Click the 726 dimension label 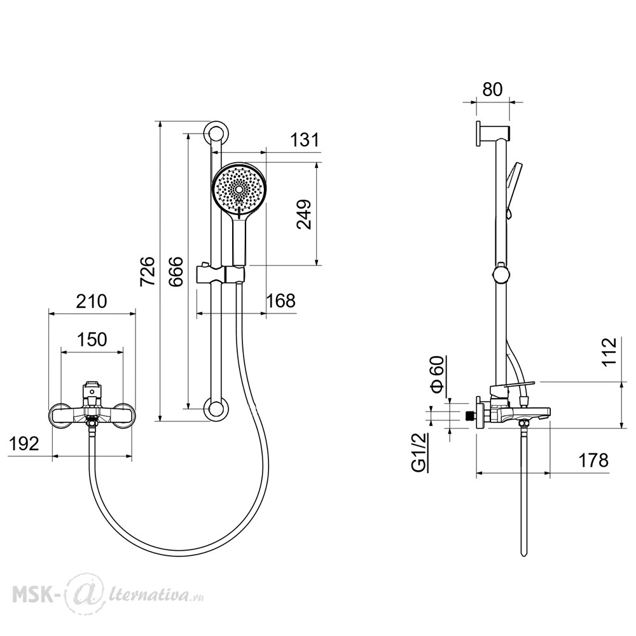click(x=148, y=272)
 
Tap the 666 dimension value click(x=176, y=272)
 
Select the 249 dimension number click(x=304, y=214)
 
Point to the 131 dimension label click(x=305, y=140)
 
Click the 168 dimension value click(x=280, y=301)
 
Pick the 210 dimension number click(x=92, y=301)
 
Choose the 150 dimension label click(x=92, y=339)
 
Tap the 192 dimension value click(x=24, y=444)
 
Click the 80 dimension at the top click(x=492, y=90)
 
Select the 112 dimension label click(x=609, y=352)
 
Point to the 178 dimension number click(x=593, y=460)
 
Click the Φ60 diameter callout click(x=438, y=375)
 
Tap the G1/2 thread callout click(x=419, y=452)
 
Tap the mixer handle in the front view click(x=92, y=391)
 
